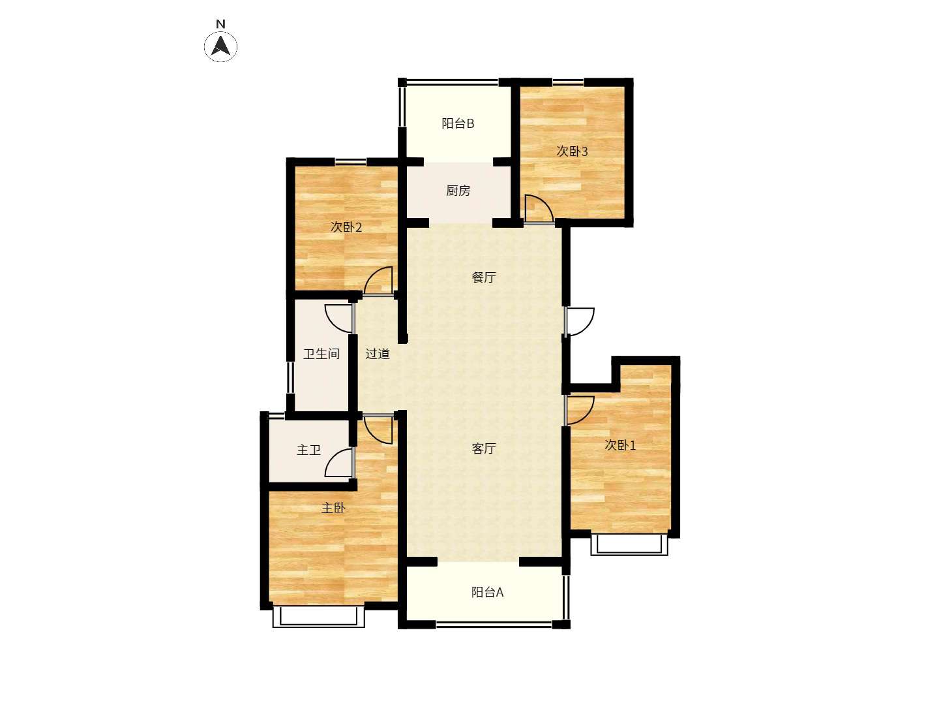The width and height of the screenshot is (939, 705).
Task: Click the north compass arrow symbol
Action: (x=220, y=46)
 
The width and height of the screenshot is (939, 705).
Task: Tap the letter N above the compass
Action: (x=220, y=24)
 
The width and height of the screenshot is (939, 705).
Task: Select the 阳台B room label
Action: (x=458, y=124)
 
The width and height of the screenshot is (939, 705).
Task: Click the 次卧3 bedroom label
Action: (x=572, y=151)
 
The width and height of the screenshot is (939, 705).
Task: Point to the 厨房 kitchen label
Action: (x=458, y=191)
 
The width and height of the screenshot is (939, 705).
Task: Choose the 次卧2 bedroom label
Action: (x=346, y=227)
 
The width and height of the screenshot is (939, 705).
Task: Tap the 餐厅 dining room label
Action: (x=483, y=277)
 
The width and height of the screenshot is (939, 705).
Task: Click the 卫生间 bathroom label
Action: (x=321, y=354)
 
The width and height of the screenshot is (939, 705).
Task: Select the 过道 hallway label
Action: (x=378, y=354)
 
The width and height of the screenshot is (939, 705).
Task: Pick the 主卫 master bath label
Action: (x=308, y=450)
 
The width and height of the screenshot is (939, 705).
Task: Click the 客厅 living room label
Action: (x=483, y=448)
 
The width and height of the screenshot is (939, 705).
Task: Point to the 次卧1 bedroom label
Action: (x=620, y=445)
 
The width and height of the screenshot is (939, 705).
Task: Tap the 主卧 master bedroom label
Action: (x=333, y=508)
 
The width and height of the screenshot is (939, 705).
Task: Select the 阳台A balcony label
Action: (x=487, y=592)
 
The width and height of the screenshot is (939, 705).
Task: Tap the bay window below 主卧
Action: (x=319, y=617)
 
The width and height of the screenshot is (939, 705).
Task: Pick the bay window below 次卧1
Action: (x=629, y=544)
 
